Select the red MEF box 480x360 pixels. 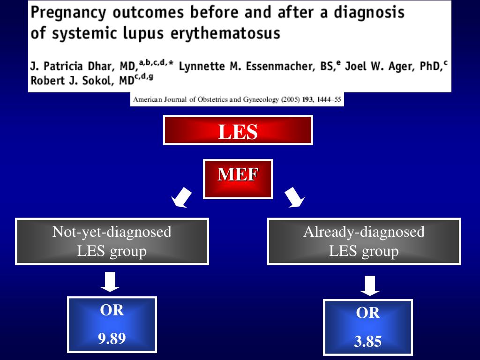coord(238,179)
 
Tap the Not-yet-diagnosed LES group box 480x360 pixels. coord(112,241)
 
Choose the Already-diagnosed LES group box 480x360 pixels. coord(364,241)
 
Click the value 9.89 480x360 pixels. coord(112,338)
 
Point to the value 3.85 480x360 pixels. coord(368,342)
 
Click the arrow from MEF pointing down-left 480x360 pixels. coord(181,197)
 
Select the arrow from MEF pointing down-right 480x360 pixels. coord(294,197)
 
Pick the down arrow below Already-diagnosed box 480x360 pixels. coord(370,285)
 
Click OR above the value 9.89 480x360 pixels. coord(112,310)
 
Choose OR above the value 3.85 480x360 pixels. coord(368,313)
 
